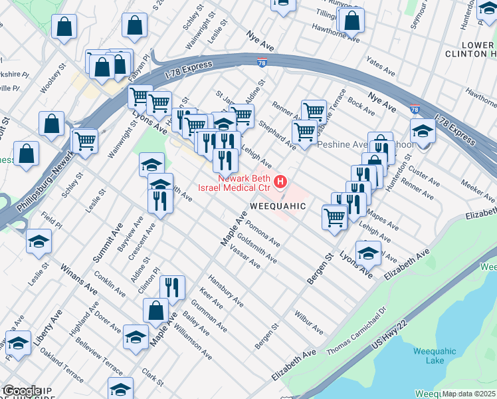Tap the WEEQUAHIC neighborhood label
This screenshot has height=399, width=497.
point(278,206)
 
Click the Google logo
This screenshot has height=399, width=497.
point(21,391)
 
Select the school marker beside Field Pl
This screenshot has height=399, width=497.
point(39,242)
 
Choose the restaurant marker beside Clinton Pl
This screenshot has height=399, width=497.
point(172,287)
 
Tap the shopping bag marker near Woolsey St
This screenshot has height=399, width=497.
point(51,123)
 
